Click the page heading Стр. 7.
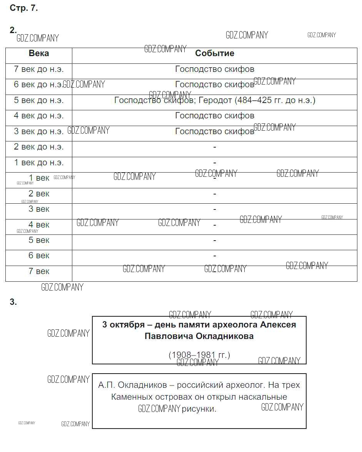click(23, 8)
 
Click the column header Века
click(39, 53)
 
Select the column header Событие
click(214, 53)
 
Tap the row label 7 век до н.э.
click(39, 69)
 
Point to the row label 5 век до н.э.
click(39, 100)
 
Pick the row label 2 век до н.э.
click(39, 147)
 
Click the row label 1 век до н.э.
click(39, 163)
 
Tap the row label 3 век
click(39, 209)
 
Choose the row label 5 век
click(39, 240)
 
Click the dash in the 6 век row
click(215, 256)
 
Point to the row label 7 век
click(39, 271)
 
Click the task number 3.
click(13, 302)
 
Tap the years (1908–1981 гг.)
click(199, 355)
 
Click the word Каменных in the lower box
click(129, 397)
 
